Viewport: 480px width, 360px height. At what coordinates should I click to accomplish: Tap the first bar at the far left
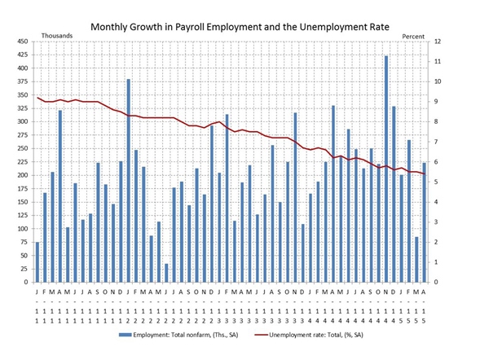coord(37,261)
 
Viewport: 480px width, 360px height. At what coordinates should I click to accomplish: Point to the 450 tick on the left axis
coord(21,42)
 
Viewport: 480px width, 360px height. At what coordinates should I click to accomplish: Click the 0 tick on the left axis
coord(26,283)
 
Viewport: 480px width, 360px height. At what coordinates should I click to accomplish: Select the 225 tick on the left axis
coord(21,162)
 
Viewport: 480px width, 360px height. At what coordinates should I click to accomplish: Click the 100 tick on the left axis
coord(21,229)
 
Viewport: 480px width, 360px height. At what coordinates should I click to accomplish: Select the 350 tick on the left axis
coord(21,95)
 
